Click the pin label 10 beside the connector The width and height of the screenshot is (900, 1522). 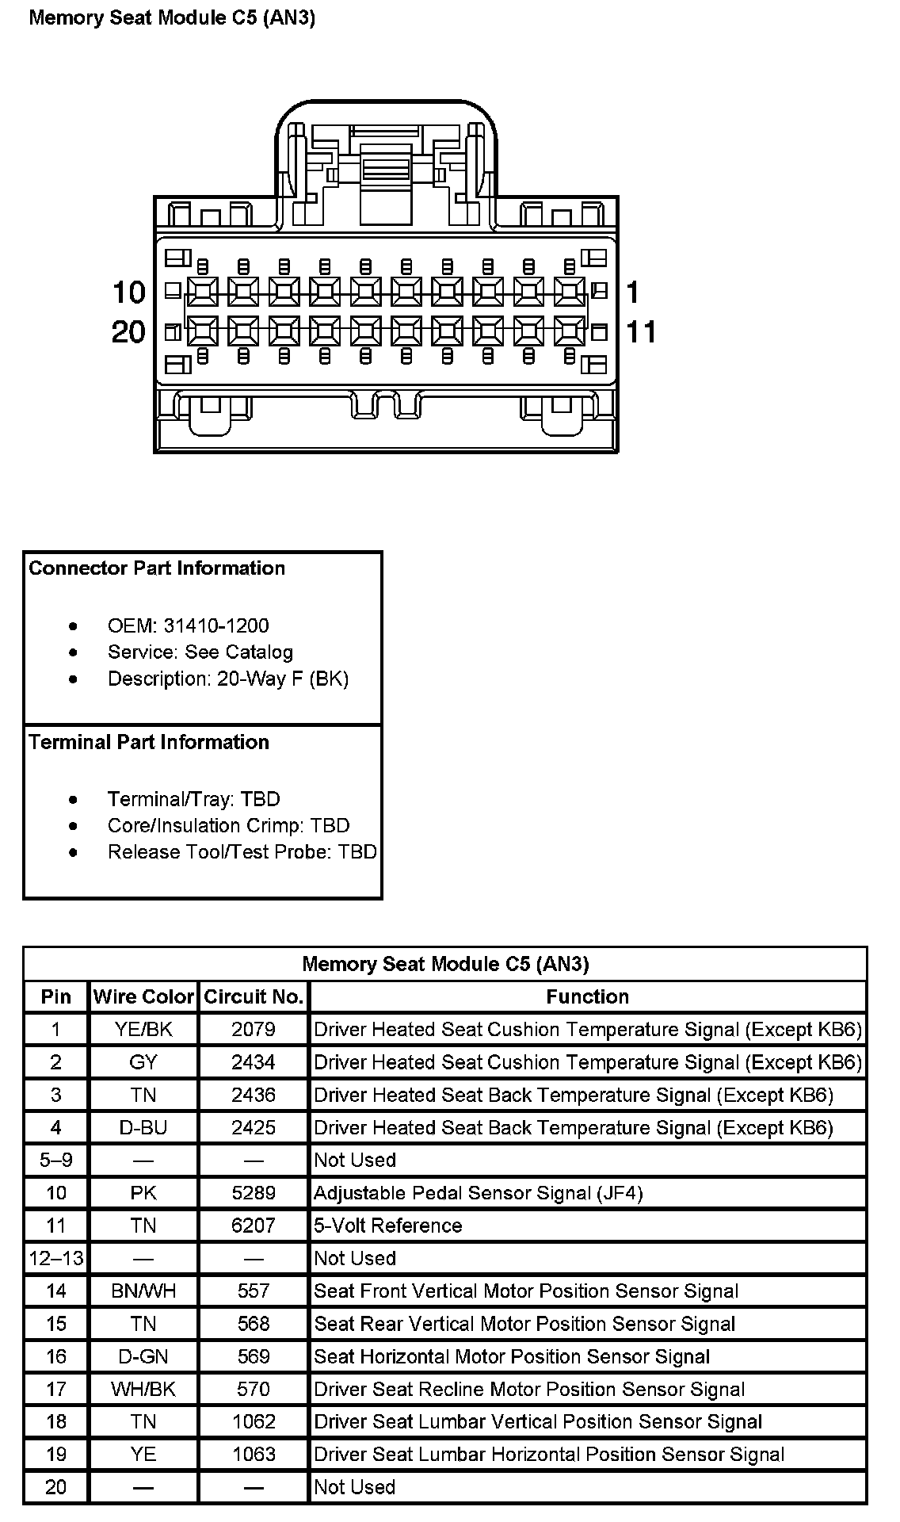coord(129,293)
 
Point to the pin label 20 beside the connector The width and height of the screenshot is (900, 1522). coord(129,331)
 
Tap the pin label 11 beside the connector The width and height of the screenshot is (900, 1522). coord(641,331)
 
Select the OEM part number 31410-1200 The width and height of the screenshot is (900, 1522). coord(215,625)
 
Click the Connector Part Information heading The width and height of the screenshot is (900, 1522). coord(157,568)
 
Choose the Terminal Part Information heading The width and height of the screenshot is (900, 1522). coord(149,742)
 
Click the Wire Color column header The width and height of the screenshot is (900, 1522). coord(143,996)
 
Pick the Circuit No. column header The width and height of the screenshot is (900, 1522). coord(254,996)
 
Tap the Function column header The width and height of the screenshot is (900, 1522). coord(587,996)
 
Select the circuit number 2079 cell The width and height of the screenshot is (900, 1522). coord(254,1029)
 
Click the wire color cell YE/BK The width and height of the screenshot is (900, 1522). coord(143,1029)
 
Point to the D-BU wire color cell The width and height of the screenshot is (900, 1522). coord(143,1127)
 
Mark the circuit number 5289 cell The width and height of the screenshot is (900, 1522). coord(254,1192)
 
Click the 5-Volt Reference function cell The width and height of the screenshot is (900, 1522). coord(387,1226)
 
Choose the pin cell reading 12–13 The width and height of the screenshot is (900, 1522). coord(56,1258)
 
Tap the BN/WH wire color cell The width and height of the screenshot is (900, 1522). coord(143,1291)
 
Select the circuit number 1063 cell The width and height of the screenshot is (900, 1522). coord(254,1454)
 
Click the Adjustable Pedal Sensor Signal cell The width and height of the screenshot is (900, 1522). coord(478,1192)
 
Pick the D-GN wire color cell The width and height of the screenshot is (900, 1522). coord(143,1356)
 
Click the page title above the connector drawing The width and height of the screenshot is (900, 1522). coord(172,18)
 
